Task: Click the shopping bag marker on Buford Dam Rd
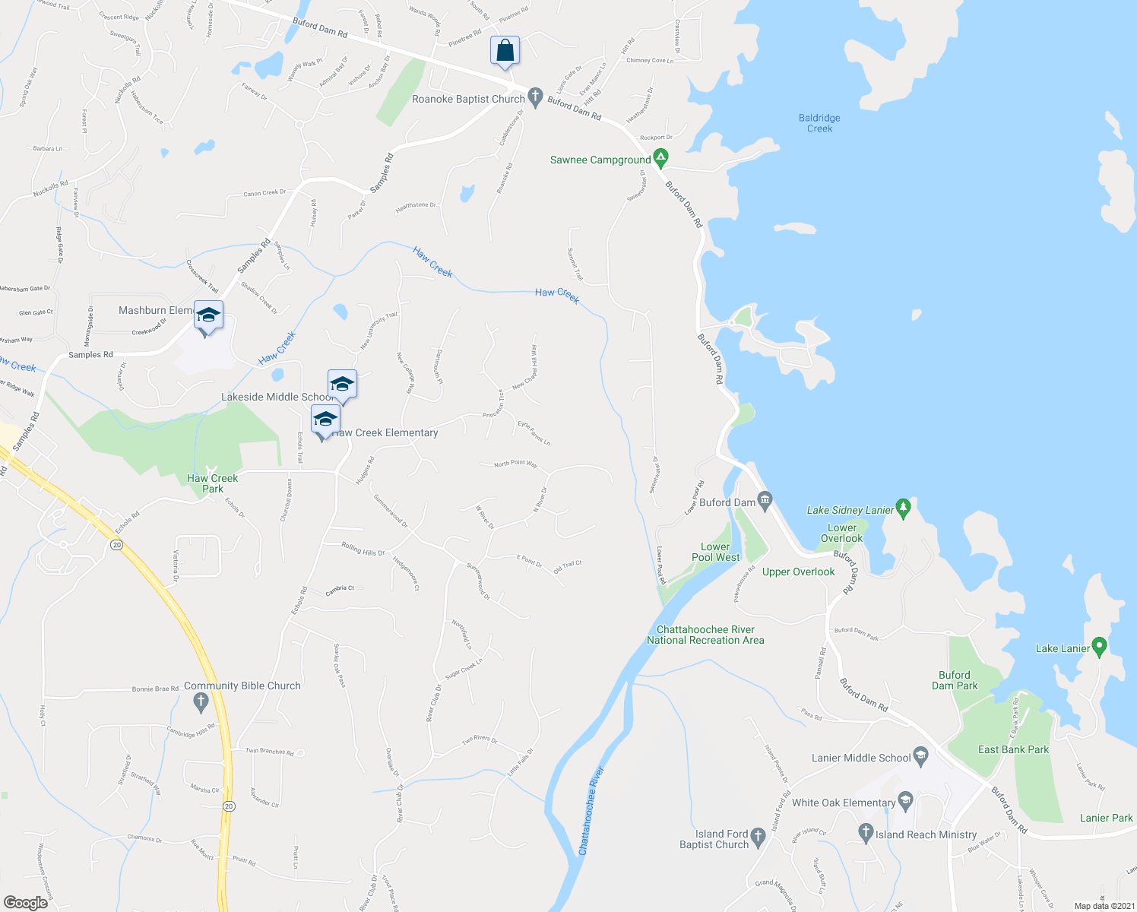coord(505,52)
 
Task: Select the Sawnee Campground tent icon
coord(661,159)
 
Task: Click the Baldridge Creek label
coord(819,123)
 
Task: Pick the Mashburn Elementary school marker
coord(207,315)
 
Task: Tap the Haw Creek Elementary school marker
coord(325,420)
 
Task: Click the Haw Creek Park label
coord(213,483)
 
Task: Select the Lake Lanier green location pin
coord(1099,647)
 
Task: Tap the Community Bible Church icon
coord(201,702)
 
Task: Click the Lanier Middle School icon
coord(921,756)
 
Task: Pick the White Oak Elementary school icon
coord(905,801)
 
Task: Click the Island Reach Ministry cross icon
coord(866,833)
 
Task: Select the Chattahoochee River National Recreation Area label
coord(705,635)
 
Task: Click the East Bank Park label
coord(1013,749)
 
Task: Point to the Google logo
coord(25,903)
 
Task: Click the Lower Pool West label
coord(715,552)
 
